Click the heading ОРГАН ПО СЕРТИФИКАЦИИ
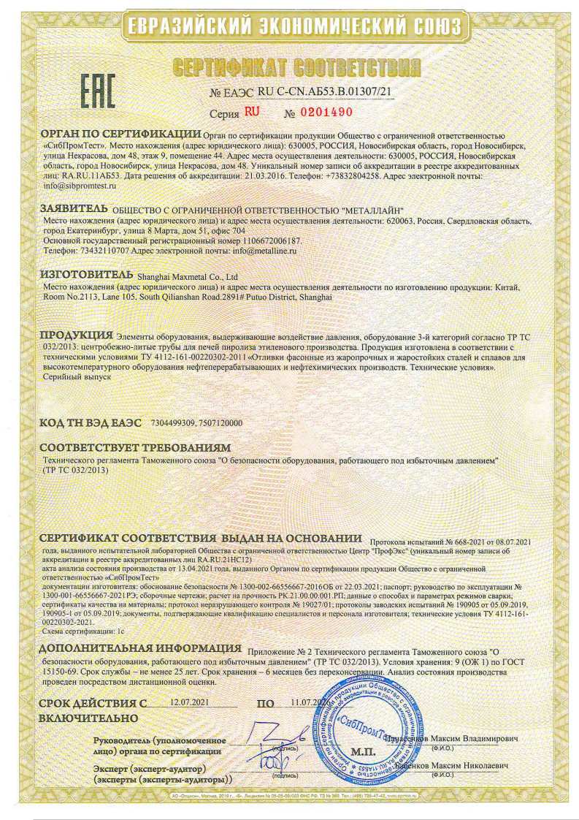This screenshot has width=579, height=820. (x=120, y=135)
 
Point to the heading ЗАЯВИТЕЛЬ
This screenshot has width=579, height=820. (x=73, y=209)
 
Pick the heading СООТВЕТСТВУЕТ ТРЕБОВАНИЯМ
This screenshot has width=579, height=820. (x=135, y=447)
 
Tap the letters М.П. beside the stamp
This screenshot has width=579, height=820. (x=362, y=751)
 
